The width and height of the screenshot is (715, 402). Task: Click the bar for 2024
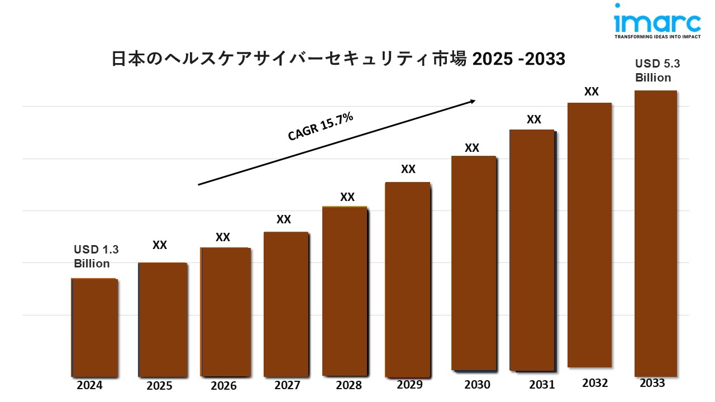[94, 327]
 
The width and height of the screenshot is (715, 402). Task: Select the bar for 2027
[285, 304]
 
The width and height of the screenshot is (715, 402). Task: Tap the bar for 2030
[473, 263]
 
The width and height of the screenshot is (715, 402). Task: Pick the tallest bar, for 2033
[656, 233]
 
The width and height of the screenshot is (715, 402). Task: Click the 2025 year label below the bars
[159, 386]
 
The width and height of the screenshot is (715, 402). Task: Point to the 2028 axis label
[349, 385]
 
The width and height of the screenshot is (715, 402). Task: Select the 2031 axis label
[542, 385]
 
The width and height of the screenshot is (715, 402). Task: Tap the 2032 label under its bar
[595, 383]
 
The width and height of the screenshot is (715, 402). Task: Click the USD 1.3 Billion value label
[96, 256]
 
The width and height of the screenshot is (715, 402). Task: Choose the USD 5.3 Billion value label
[657, 71]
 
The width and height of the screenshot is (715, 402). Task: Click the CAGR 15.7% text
[320, 127]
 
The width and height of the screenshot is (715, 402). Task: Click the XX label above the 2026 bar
[223, 237]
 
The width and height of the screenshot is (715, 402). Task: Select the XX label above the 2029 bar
[408, 169]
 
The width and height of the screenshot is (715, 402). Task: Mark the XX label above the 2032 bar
[592, 92]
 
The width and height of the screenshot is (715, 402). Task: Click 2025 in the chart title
[490, 59]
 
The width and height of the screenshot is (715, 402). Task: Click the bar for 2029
[408, 279]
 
